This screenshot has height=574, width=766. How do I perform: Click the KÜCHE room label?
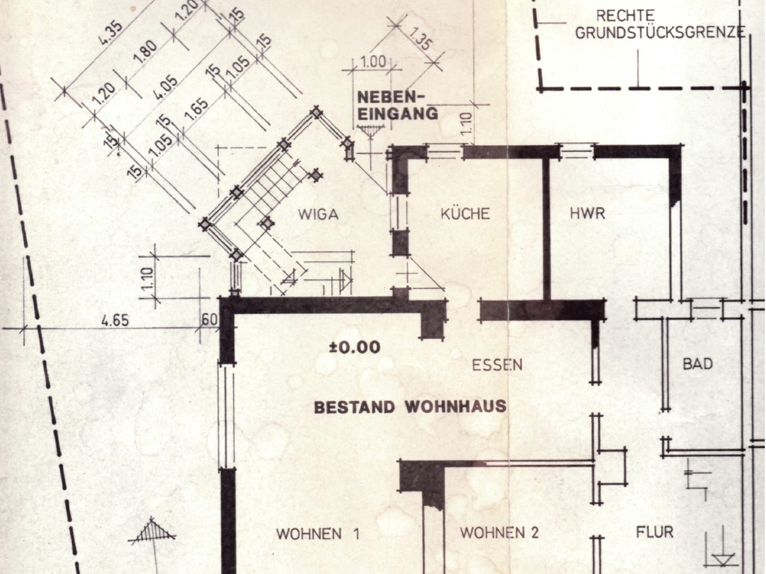point(465,213)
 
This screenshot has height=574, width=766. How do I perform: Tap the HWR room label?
point(587,213)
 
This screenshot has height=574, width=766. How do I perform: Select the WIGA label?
point(318,215)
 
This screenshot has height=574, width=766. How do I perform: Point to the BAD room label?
point(698,364)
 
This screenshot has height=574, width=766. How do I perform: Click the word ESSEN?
point(497,365)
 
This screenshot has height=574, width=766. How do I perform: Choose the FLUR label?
point(655,532)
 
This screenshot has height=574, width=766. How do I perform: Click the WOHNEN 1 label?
point(318,534)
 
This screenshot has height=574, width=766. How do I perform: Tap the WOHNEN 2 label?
point(499,533)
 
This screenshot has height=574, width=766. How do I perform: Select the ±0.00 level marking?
point(354,347)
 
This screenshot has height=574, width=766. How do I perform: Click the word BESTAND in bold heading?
point(354,407)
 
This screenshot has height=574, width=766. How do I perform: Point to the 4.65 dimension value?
point(115,320)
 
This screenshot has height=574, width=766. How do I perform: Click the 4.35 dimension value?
point(111,33)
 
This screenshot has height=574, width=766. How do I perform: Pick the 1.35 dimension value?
point(420,38)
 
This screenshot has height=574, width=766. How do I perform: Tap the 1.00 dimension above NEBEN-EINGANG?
point(373,62)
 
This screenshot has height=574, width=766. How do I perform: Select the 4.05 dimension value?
point(165,87)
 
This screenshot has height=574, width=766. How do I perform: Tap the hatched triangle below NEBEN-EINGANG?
point(371,132)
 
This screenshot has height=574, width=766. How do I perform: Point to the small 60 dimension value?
point(209,320)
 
